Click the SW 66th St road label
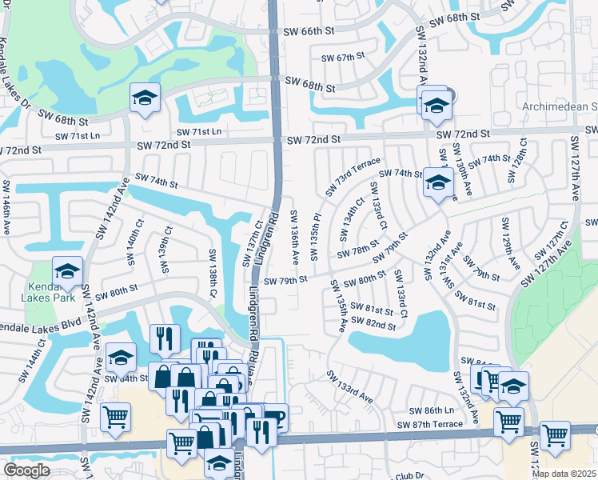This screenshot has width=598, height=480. click(308, 31)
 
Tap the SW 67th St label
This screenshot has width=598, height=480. click(343, 58)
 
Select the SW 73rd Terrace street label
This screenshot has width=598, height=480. click(353, 176)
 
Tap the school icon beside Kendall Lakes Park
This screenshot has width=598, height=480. click(67, 270)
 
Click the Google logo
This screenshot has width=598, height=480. click(26, 470)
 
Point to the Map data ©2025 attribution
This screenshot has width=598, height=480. click(564, 474)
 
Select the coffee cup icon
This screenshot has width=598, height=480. click(274, 418)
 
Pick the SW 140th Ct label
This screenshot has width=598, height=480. click(132, 242)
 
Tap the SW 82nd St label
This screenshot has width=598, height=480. click(374, 326)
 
